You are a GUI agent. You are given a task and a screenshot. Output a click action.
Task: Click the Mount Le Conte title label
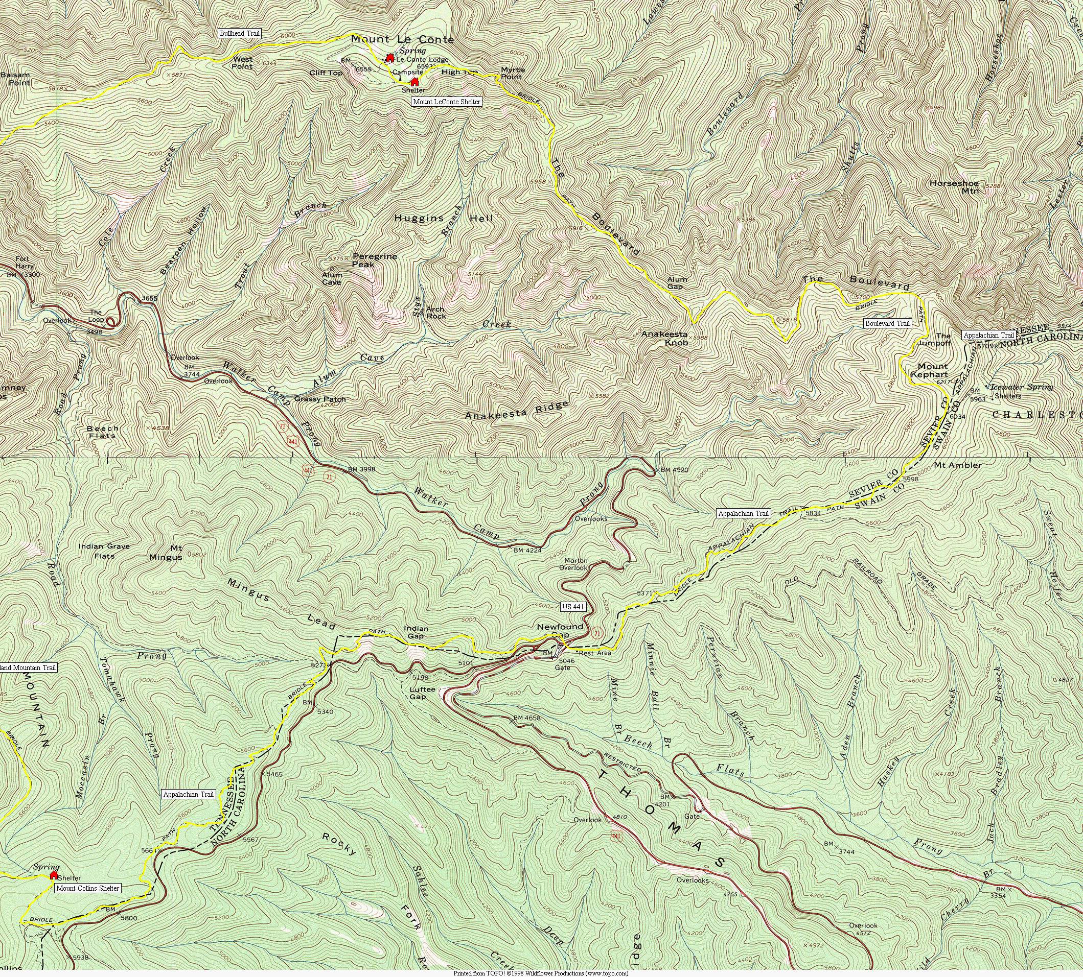(402, 40)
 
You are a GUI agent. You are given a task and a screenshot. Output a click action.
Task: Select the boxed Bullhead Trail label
(240, 33)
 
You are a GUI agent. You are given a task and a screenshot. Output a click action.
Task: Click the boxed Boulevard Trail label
(887, 324)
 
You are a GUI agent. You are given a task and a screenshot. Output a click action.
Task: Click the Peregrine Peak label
(375, 260)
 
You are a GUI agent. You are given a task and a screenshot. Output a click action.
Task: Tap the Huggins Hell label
(443, 219)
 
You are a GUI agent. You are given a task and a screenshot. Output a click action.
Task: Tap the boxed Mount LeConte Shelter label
(446, 102)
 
